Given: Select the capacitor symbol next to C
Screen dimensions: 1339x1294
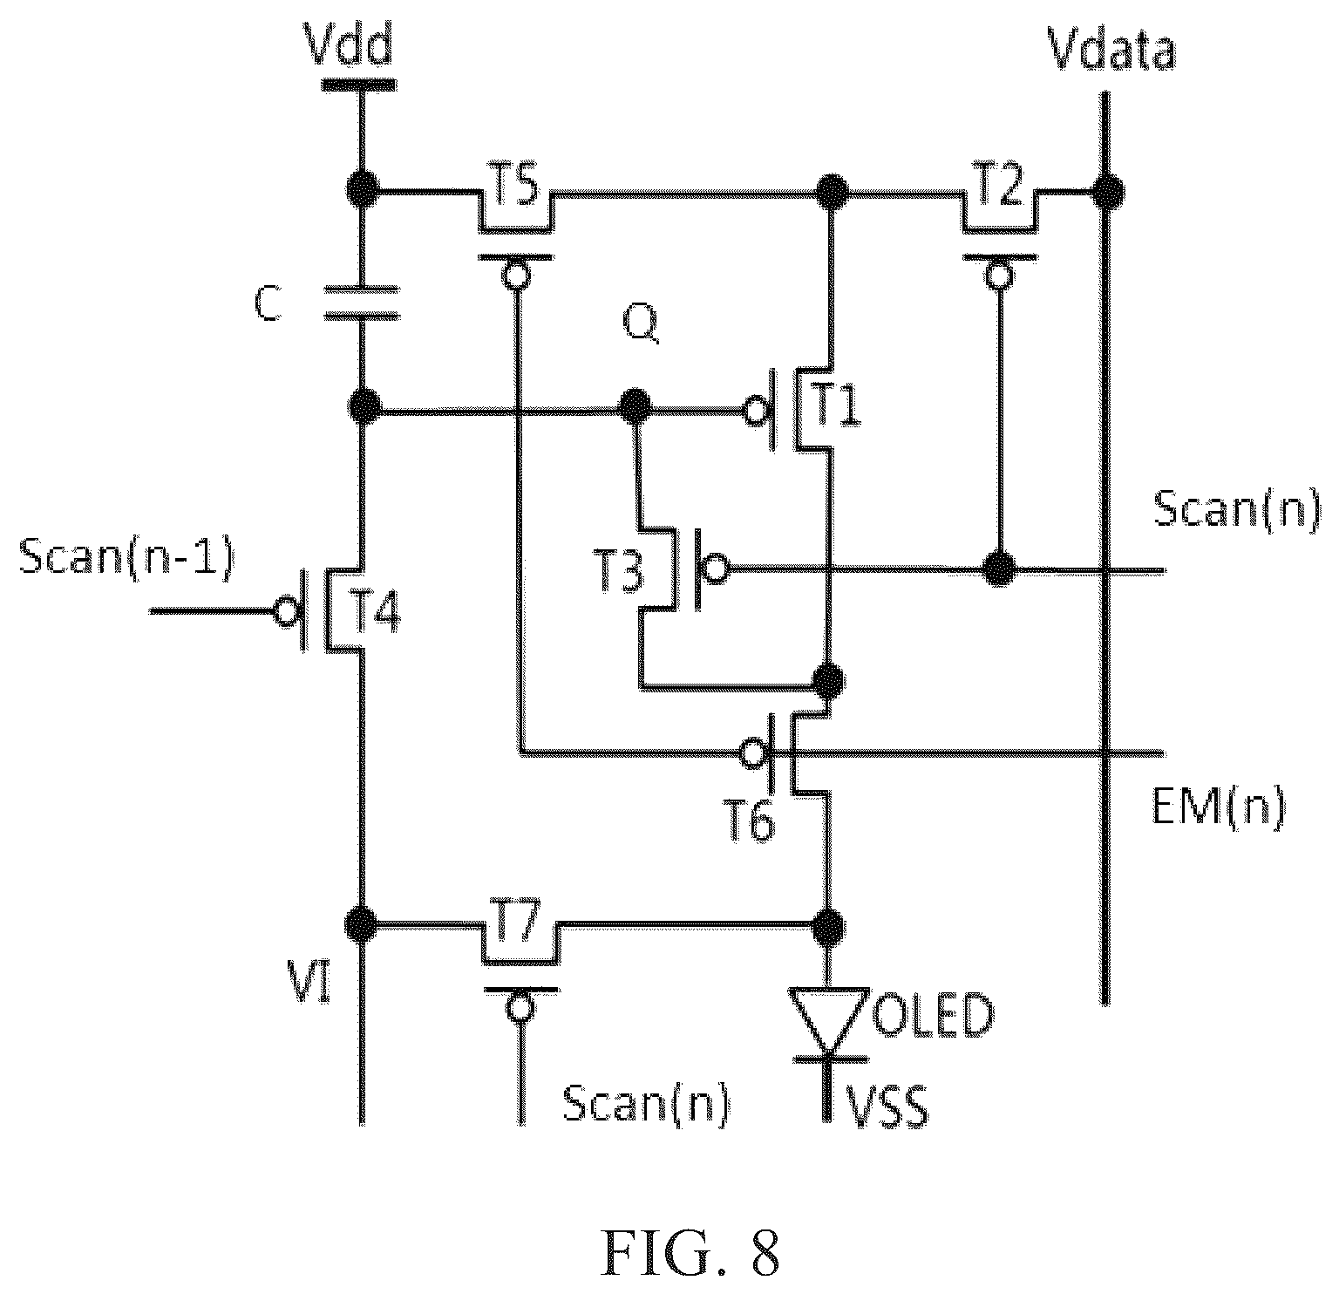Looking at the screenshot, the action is pos(361,302).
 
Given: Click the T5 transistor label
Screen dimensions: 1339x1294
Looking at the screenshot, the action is pos(515,187).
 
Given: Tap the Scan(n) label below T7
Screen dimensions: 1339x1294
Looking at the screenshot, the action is pos(646,1105).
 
